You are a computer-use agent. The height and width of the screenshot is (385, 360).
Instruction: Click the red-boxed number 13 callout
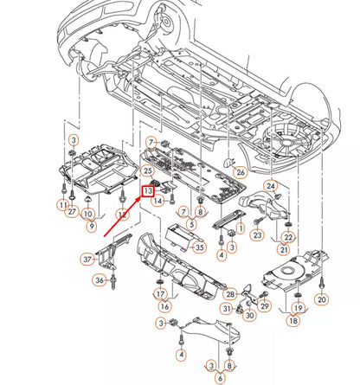click(148, 190)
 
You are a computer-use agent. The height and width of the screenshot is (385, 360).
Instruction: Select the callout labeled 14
click(158, 201)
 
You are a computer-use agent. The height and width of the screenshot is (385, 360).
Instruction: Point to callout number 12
click(123, 213)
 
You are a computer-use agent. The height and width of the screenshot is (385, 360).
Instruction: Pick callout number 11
click(63, 204)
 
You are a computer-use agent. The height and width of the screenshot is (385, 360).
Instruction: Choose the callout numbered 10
click(88, 213)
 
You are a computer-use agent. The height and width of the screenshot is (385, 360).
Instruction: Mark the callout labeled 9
click(91, 227)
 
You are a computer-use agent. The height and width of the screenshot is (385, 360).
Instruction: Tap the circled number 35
click(200, 248)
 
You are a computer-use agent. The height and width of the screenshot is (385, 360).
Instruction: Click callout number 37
click(87, 258)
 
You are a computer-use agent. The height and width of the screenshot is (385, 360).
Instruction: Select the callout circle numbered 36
click(100, 279)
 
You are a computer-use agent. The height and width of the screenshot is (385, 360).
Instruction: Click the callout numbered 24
click(271, 185)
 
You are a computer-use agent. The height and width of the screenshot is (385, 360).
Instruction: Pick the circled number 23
click(257, 234)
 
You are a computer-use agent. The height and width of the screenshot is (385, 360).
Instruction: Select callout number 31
click(226, 309)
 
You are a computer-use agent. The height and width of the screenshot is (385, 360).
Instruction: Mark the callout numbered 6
click(221, 377)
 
